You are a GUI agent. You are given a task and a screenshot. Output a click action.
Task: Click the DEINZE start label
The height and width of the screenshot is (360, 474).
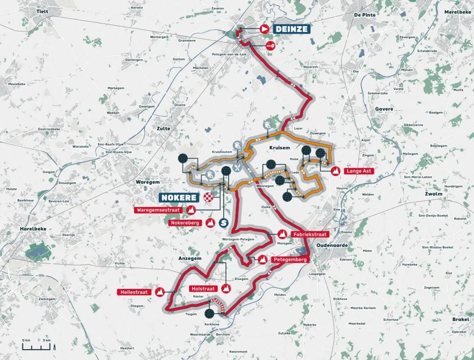tap(291, 29)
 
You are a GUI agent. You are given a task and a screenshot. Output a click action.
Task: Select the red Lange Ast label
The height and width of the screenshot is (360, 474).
tap(360, 171)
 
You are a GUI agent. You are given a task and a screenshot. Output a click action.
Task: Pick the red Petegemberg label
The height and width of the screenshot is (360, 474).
tap(289, 260)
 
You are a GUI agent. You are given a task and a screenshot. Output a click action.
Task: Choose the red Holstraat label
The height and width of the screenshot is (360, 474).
tap(203, 288)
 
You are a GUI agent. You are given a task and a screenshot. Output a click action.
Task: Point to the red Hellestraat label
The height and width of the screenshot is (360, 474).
tap(134, 292)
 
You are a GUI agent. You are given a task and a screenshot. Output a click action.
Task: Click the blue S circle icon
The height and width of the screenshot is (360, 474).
tap(223, 222)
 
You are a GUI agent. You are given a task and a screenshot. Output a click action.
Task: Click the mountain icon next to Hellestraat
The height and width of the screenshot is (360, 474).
tap(159, 292)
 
